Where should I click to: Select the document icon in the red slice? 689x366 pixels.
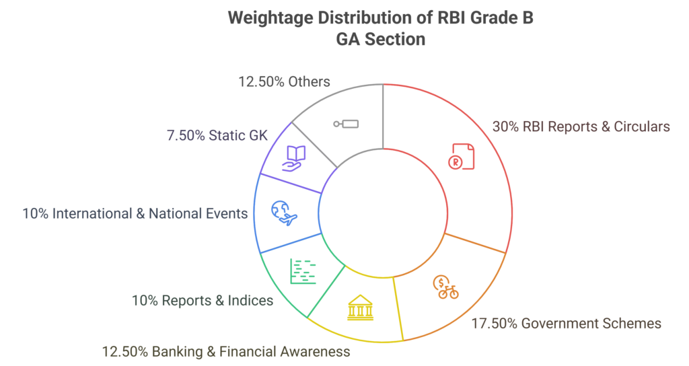pos(462,155)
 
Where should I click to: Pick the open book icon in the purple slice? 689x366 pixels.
pos(294,158)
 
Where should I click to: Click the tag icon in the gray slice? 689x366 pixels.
pos(347,124)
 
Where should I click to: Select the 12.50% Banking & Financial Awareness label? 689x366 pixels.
pos(225,351)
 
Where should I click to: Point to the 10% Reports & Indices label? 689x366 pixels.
pos(202,300)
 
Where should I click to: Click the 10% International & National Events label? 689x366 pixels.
pos(135,213)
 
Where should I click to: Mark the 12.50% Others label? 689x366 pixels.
pos(284,81)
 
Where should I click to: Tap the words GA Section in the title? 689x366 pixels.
pos(380,39)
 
